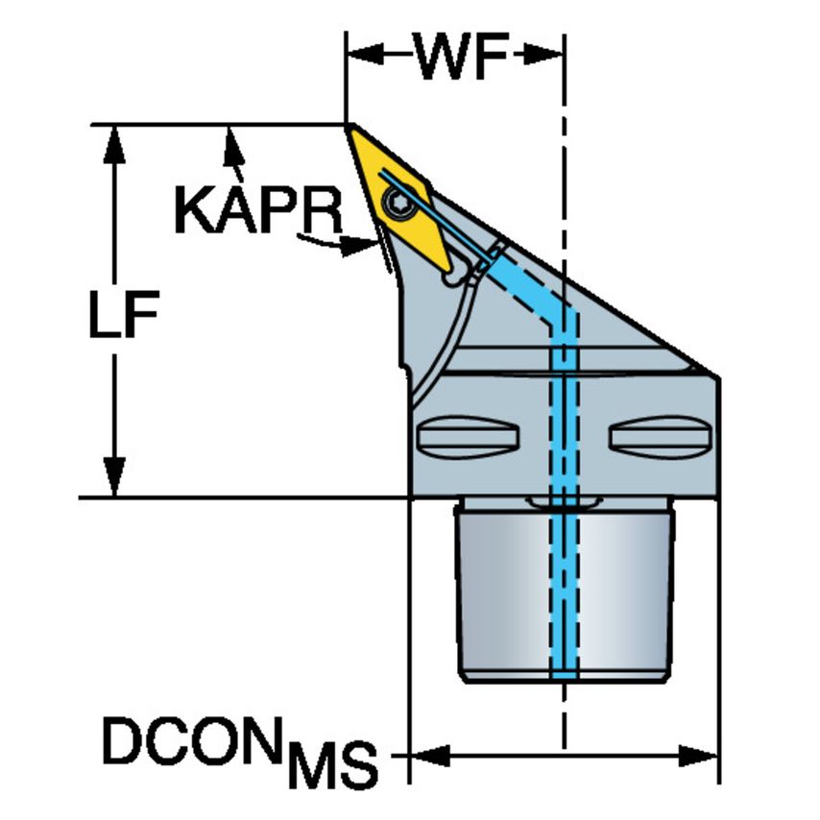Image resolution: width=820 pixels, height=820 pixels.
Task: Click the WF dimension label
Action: [461, 56]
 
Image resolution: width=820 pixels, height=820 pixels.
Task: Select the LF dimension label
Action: [124, 314]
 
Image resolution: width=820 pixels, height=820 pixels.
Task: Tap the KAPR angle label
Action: [258, 210]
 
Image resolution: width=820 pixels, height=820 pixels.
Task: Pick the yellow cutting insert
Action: [399, 198]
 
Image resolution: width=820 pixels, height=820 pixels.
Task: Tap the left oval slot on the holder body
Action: [468, 437]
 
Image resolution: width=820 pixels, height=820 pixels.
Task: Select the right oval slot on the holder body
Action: [661, 437]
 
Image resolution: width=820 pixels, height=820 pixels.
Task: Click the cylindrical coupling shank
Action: [565, 590]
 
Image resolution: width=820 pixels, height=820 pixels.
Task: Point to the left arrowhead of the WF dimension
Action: [366, 54]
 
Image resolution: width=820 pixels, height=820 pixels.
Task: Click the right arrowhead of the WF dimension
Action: [543, 54]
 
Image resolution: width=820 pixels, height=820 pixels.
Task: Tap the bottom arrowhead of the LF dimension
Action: [114, 476]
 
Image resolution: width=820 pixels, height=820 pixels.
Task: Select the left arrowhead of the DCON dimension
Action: [430, 757]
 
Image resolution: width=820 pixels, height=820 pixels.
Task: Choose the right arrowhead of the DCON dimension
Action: [699, 757]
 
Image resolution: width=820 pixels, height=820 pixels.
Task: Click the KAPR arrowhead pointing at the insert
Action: [359, 246]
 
